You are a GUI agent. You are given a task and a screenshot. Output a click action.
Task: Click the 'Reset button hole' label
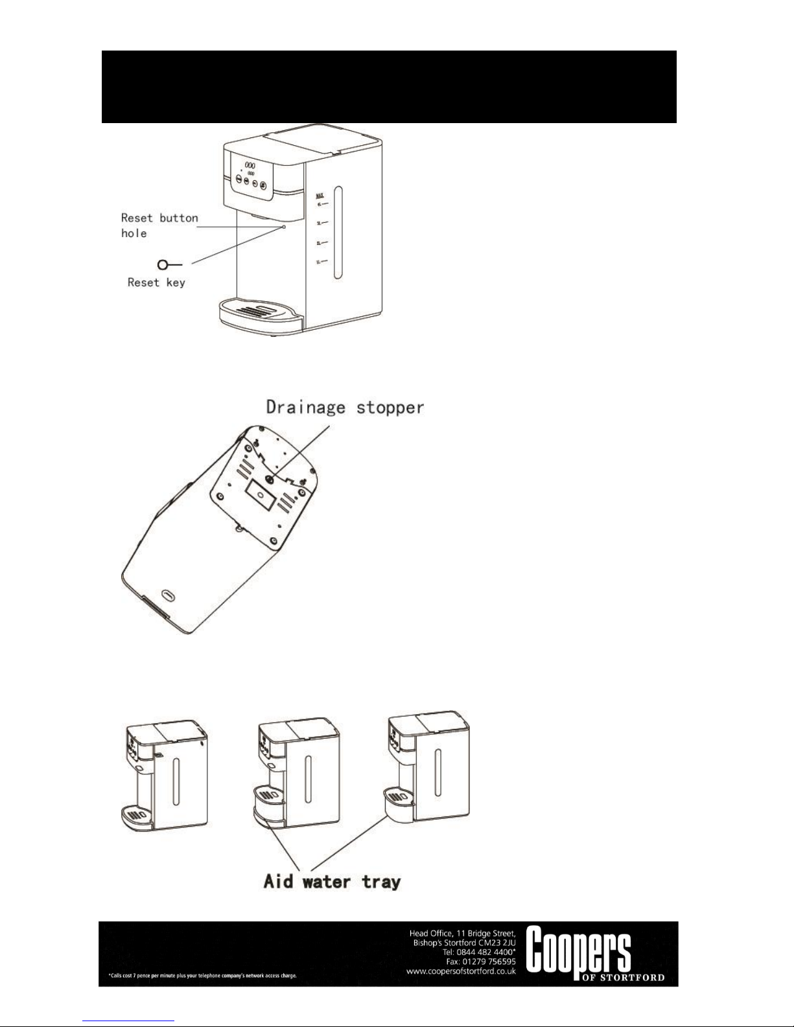pos(159,225)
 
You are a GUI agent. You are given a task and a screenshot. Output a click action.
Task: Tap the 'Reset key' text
pos(156,283)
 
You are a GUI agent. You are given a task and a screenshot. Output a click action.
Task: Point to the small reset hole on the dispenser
pos(284,227)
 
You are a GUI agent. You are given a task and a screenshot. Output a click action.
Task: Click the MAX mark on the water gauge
pos(319,194)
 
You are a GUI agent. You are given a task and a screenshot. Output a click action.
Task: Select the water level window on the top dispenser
pos(338,233)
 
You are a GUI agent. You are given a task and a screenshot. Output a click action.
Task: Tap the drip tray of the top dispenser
pos(260,312)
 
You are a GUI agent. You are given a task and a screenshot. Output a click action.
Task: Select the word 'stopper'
pos(391,408)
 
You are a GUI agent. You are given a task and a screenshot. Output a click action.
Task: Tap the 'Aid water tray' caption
pos(332,881)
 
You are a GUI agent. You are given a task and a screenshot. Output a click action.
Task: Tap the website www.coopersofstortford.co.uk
pos(461,971)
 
